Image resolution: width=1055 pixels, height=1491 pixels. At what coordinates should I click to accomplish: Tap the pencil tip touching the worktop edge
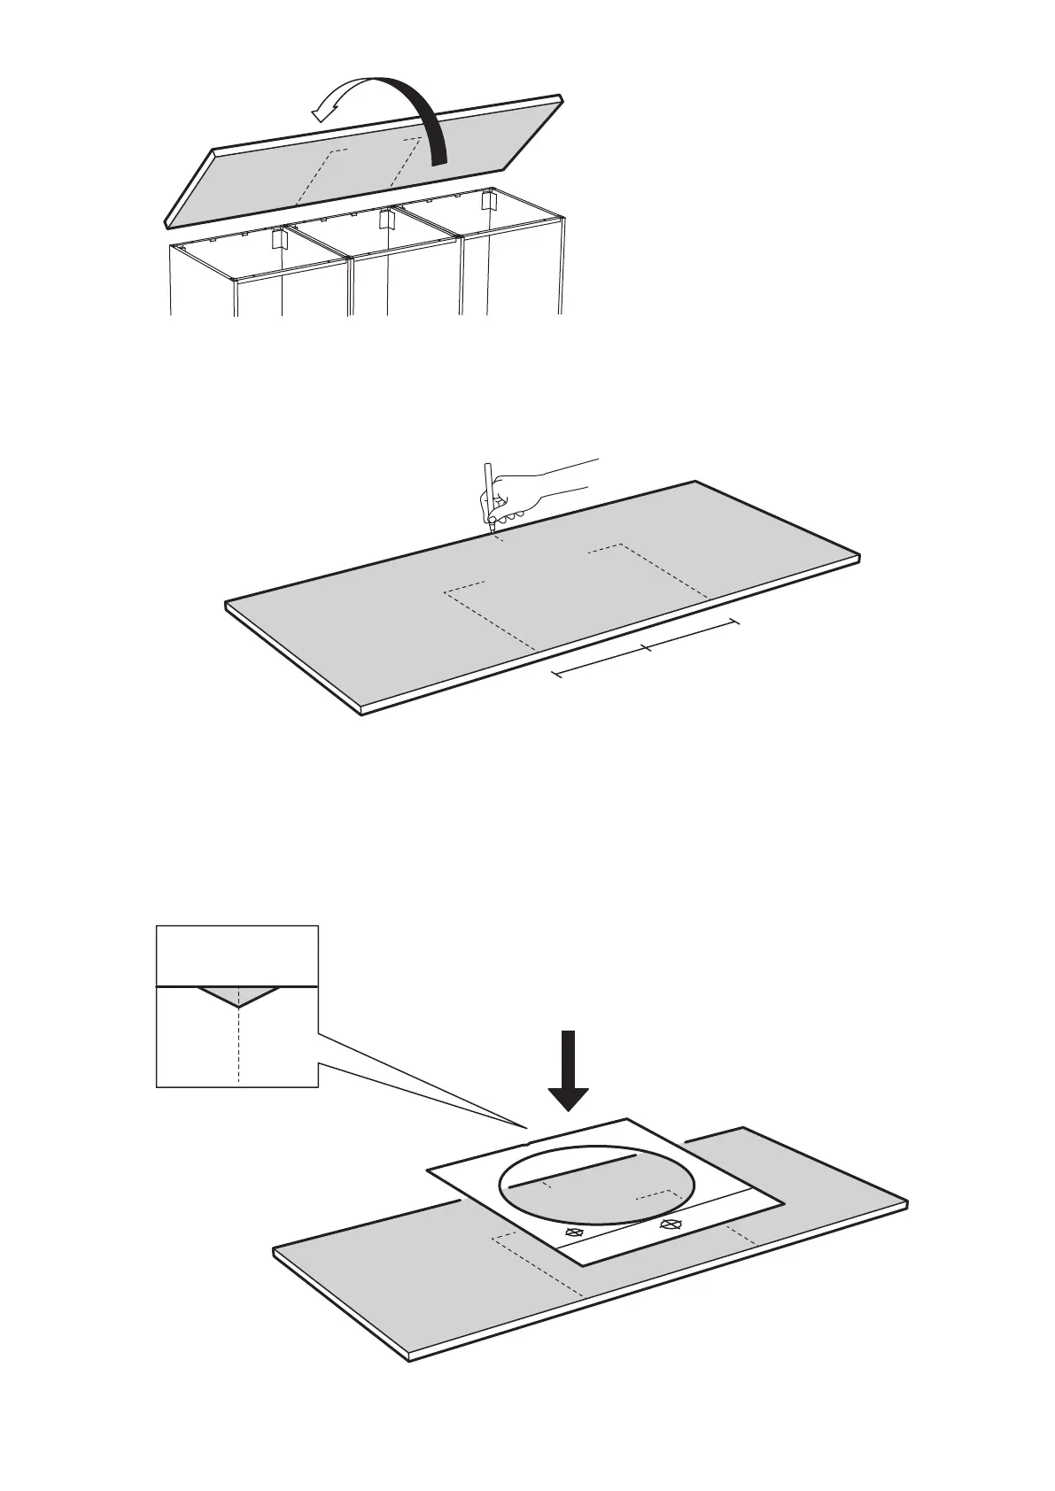pyautogui.click(x=491, y=529)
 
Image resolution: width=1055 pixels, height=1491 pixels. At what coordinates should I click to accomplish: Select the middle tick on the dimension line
pyautogui.click(x=648, y=649)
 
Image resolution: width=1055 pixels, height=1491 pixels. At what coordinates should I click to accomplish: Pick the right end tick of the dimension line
pyautogui.click(x=735, y=623)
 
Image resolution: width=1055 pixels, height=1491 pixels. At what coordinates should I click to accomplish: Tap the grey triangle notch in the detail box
pyautogui.click(x=238, y=995)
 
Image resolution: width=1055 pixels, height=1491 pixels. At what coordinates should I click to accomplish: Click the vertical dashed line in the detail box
pyautogui.click(x=238, y=1049)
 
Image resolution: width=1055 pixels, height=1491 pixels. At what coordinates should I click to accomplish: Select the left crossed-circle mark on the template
pyautogui.click(x=574, y=1232)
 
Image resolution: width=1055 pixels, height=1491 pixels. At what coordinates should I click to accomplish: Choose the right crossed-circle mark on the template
pyautogui.click(x=671, y=1225)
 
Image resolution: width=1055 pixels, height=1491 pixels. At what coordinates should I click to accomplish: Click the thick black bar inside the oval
pyautogui.click(x=575, y=1170)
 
